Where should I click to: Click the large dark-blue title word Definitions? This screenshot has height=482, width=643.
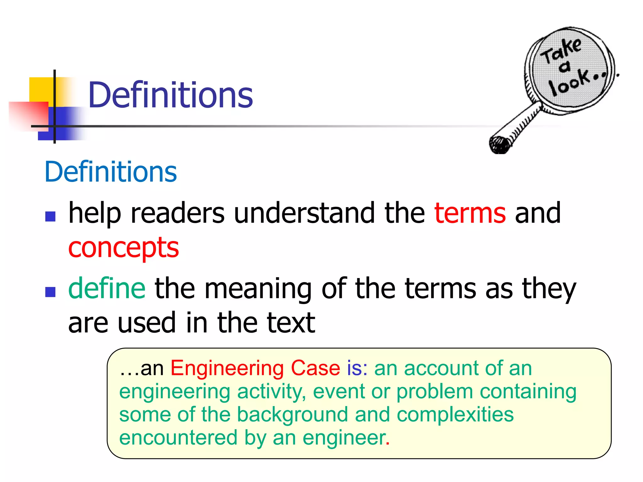point(170,95)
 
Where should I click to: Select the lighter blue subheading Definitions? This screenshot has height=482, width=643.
point(111,172)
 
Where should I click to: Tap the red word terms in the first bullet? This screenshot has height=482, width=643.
point(470,213)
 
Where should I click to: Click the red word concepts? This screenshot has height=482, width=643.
point(123,248)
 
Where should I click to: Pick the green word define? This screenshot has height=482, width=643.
point(107,288)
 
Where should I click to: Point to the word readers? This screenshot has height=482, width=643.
point(178,213)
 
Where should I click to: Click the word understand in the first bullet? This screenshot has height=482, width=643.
point(304,213)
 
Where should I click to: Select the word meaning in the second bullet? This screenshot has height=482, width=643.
point(258,289)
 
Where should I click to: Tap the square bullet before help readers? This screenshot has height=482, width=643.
point(50,216)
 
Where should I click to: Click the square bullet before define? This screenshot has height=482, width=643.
point(50,292)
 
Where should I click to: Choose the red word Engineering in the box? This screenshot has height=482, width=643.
point(227,368)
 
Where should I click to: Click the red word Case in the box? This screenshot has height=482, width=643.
point(315,368)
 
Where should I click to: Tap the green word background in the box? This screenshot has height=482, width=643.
point(292,414)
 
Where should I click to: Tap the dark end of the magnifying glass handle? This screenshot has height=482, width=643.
point(500,145)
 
